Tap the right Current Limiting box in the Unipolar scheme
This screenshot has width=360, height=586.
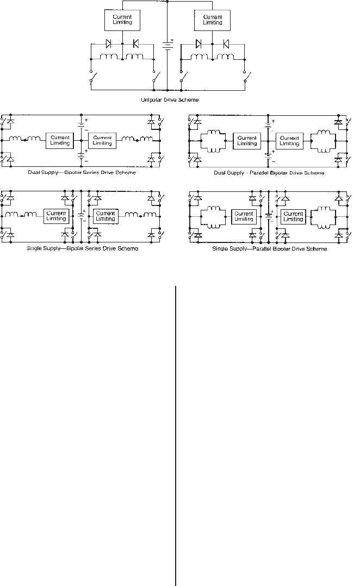pos(213,20)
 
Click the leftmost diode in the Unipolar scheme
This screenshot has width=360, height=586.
pos(108,43)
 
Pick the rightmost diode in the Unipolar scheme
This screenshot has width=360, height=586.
pos(225,43)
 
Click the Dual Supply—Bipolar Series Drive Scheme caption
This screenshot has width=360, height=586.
pos(82,172)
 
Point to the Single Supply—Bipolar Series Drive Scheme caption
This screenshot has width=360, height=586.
pos(83,248)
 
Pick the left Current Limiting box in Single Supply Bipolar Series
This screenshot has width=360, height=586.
pos(57,216)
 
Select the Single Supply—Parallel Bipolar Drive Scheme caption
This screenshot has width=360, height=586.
pos(269,248)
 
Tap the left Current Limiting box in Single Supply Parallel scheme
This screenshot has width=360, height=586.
pos(244,216)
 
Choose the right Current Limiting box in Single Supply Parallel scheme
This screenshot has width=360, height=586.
pos(293,216)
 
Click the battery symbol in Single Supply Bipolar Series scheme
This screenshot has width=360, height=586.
pos(81,215)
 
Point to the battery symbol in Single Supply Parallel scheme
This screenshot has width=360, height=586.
pos(268,216)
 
